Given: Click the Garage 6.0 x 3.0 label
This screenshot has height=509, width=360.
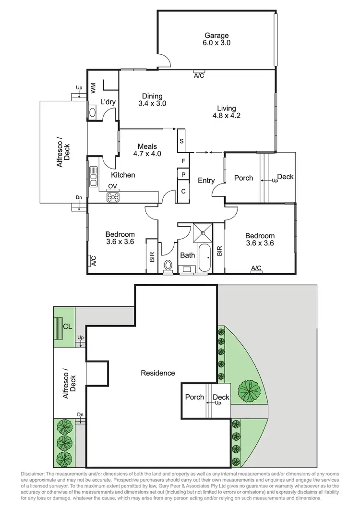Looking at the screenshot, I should tap(217, 39).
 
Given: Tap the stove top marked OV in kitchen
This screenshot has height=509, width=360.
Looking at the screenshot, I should tap(113, 196).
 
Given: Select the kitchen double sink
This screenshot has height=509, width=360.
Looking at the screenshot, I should tap(93, 176).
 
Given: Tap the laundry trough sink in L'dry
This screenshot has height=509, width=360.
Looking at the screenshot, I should tap(93, 112).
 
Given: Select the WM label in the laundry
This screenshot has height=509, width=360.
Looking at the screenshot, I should tap(93, 87).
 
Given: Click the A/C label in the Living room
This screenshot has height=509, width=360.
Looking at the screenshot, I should tap(198, 76).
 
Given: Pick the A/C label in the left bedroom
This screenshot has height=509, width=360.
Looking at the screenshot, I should tap(93, 261).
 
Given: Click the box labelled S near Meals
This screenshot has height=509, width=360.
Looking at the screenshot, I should tap(182, 141).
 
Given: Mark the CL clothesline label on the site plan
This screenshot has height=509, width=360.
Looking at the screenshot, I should tap(67, 327).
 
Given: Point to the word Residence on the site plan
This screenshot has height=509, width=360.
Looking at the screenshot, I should tap(157, 373).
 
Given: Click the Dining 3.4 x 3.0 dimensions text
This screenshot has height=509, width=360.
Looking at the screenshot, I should tap(152, 103).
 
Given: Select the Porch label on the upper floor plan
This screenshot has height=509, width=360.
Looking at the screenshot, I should tap(243, 178).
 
